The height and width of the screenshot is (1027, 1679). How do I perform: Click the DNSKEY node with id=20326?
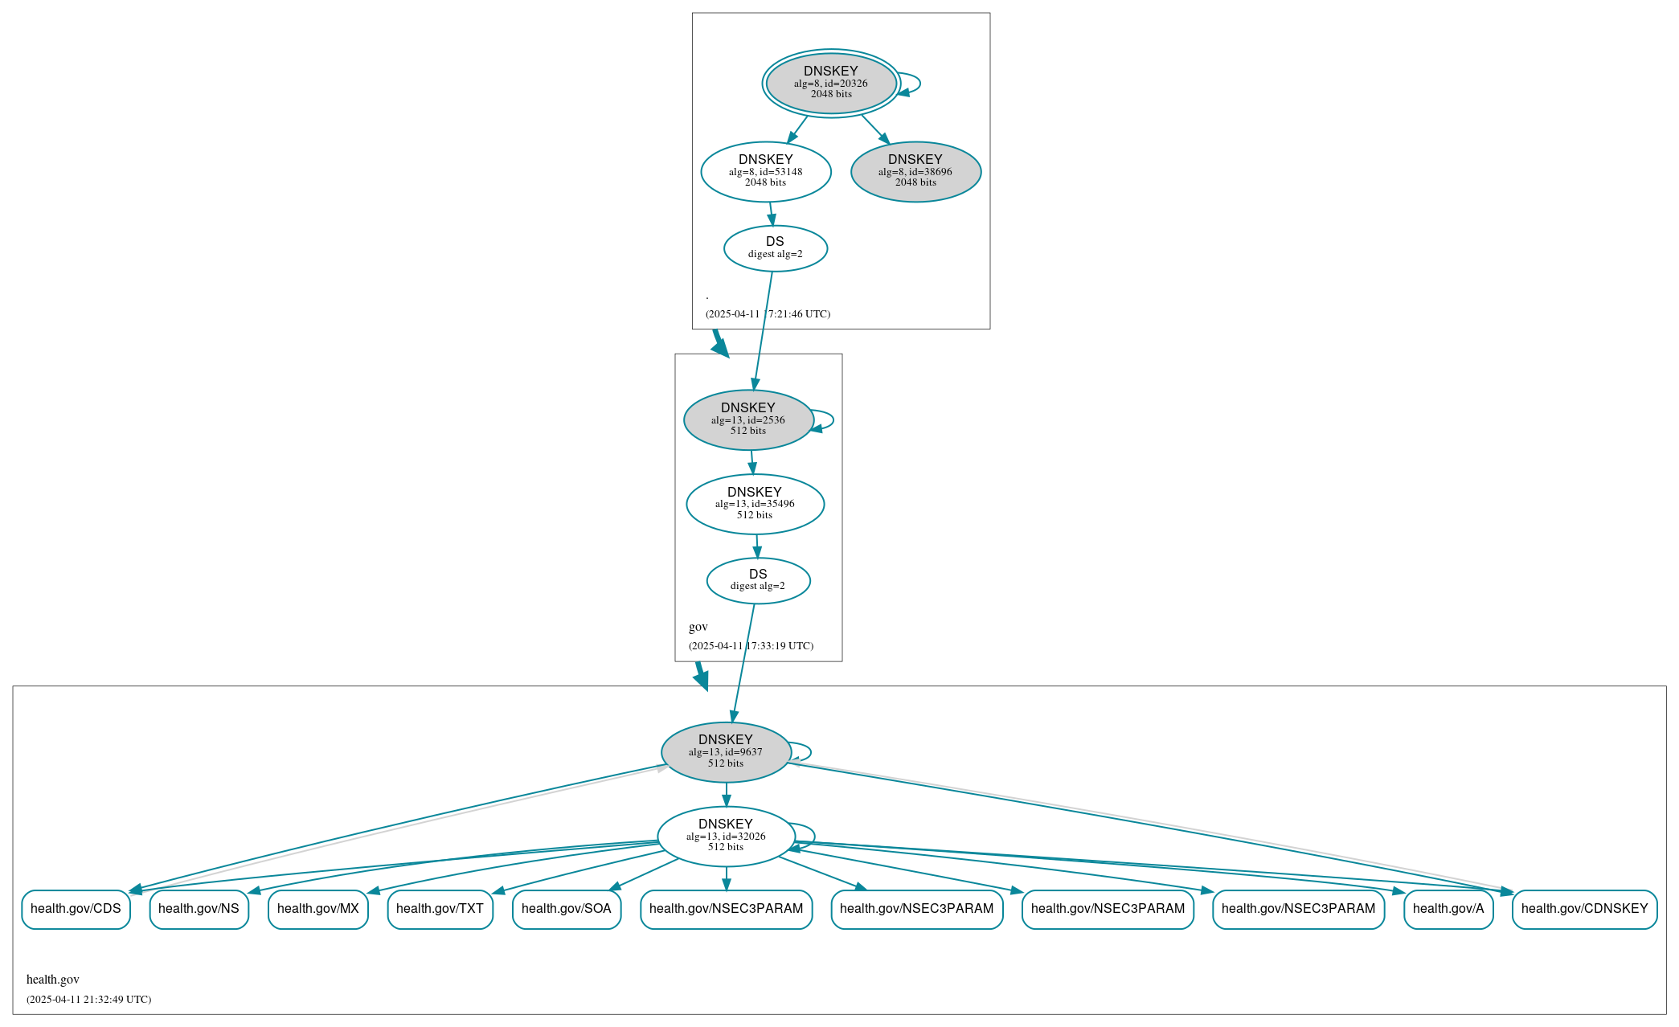[831, 83]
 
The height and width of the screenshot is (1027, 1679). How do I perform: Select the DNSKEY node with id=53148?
[765, 171]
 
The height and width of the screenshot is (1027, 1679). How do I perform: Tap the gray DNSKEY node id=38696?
[915, 171]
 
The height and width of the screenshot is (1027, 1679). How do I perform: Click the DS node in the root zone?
[775, 248]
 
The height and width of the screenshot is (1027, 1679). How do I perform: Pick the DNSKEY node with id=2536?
[747, 419]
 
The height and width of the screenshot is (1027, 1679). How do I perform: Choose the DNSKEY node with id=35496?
[754, 504]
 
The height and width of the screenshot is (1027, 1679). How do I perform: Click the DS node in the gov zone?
[758, 580]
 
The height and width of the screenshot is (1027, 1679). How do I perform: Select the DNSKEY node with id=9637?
[725, 751]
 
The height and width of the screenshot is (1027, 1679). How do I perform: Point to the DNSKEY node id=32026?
[725, 836]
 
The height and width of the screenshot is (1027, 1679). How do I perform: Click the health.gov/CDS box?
[76, 909]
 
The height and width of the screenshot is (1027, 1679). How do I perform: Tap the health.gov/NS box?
[199, 909]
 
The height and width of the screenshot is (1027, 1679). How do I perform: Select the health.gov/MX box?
[317, 909]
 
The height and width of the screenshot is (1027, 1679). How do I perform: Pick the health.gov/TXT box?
[440, 909]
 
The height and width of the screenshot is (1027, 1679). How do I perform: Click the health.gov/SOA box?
[566, 909]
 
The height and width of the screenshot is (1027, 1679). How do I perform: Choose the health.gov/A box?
[1448, 909]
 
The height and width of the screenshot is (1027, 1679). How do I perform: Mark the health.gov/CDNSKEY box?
[1583, 909]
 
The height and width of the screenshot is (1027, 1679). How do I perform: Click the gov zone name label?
[698, 627]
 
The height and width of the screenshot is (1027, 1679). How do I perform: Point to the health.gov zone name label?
[53, 980]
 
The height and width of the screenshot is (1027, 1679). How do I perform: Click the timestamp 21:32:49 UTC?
[88, 1000]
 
